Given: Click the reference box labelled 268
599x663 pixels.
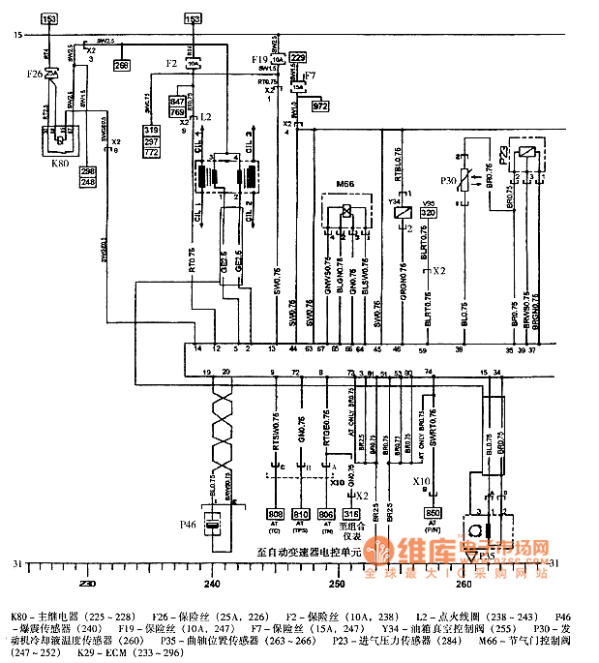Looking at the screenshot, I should coord(121,66).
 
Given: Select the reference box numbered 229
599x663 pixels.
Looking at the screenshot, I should coord(298,58).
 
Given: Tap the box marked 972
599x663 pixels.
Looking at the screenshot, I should coord(319,106).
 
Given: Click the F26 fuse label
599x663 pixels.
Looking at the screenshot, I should coord(34,73).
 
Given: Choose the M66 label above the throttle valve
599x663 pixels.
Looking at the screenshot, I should coord(344,184).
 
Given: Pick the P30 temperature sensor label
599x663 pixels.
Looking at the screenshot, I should coord(446,180).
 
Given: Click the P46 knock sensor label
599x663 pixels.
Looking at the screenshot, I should coord(189,525).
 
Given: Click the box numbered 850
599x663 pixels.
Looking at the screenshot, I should coord(433,513).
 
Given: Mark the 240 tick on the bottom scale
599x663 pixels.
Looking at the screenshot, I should coord(212,584).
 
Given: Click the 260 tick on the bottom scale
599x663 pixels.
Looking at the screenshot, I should coord(464,584).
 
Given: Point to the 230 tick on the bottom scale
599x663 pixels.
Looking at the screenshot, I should coord(87,584).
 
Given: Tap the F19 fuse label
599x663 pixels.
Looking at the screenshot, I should coord(258,60).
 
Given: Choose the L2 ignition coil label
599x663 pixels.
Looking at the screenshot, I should coord(205,116).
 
